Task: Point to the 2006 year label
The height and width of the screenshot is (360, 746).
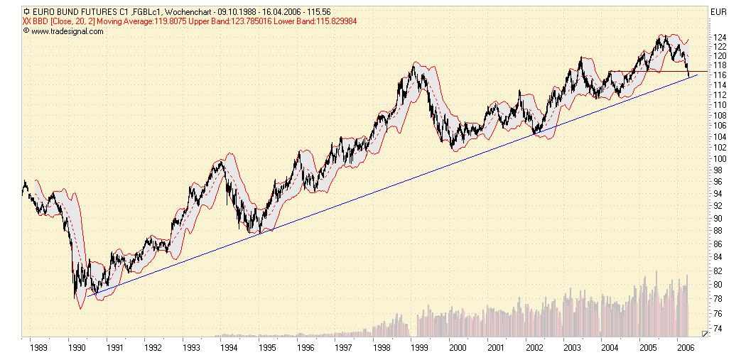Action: (x=686, y=348)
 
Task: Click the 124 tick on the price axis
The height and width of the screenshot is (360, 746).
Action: (x=719, y=37)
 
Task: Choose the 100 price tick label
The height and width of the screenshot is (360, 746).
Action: (x=719, y=159)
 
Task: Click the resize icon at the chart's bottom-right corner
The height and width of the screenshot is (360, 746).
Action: (x=704, y=332)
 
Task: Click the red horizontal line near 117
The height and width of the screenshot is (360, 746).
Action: (x=654, y=71)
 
